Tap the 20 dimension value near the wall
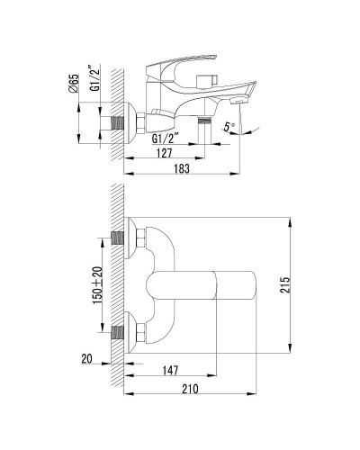(85, 358)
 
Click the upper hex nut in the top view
(139, 238)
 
